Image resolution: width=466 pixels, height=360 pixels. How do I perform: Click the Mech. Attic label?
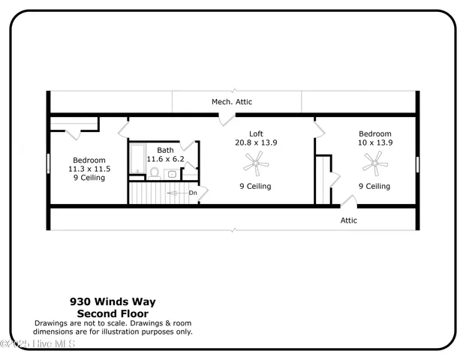[x=231, y=101]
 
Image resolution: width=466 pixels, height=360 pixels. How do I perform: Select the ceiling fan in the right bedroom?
[x=374, y=160]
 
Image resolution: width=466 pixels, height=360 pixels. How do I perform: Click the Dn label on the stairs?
[x=193, y=193]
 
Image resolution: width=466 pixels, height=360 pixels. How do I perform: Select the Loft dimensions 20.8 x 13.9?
[x=256, y=142]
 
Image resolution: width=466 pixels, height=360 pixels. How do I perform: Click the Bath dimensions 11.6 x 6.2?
[x=165, y=159]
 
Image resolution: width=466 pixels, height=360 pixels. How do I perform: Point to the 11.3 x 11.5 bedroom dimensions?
[x=89, y=169]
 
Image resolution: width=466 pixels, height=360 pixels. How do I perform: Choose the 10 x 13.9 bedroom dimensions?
[x=374, y=142]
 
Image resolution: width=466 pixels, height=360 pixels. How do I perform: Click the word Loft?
[x=256, y=133]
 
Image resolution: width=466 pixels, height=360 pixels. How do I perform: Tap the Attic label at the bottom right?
[x=349, y=220]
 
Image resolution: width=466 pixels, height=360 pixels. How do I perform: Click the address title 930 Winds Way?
[x=113, y=301]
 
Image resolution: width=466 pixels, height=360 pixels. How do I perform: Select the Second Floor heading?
[x=113, y=313]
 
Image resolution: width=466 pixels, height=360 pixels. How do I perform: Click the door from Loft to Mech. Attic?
[x=225, y=118]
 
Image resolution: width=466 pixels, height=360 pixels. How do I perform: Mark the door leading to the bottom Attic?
[x=347, y=201]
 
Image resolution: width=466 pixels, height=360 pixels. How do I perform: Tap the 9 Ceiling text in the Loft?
[x=255, y=186]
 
